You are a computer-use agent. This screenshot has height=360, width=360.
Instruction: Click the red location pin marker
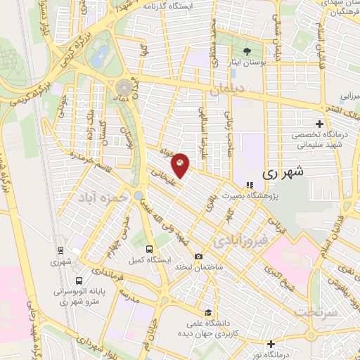pos(181,164)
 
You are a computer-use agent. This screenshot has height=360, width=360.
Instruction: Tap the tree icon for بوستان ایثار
pos(247,51)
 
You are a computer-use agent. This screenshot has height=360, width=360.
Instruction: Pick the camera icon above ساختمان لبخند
pos(199,257)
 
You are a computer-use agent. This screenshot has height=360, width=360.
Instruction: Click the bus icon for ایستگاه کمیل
pos(149,248)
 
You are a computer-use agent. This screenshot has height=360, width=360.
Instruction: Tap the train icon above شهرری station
pos(61,250)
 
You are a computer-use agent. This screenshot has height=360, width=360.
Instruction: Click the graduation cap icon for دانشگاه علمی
pos(207,313)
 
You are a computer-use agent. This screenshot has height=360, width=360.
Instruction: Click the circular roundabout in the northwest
pos(124,87)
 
